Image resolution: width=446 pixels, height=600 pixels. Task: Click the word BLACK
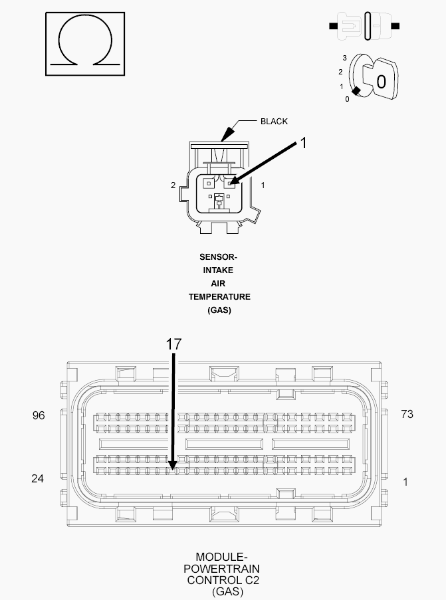tap(274, 122)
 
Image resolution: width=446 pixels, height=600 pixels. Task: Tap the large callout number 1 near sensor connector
tap(303, 143)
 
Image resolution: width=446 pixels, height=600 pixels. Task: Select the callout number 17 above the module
tap(173, 344)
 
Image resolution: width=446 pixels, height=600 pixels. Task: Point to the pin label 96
tap(39, 415)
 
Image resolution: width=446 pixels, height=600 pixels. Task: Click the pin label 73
tap(407, 414)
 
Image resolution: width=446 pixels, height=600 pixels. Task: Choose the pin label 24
tap(37, 478)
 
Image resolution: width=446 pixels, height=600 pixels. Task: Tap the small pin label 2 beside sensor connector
tap(173, 185)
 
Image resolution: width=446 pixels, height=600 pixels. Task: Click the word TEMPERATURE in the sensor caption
tap(219, 297)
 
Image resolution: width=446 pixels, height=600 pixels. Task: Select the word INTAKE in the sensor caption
tap(218, 270)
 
